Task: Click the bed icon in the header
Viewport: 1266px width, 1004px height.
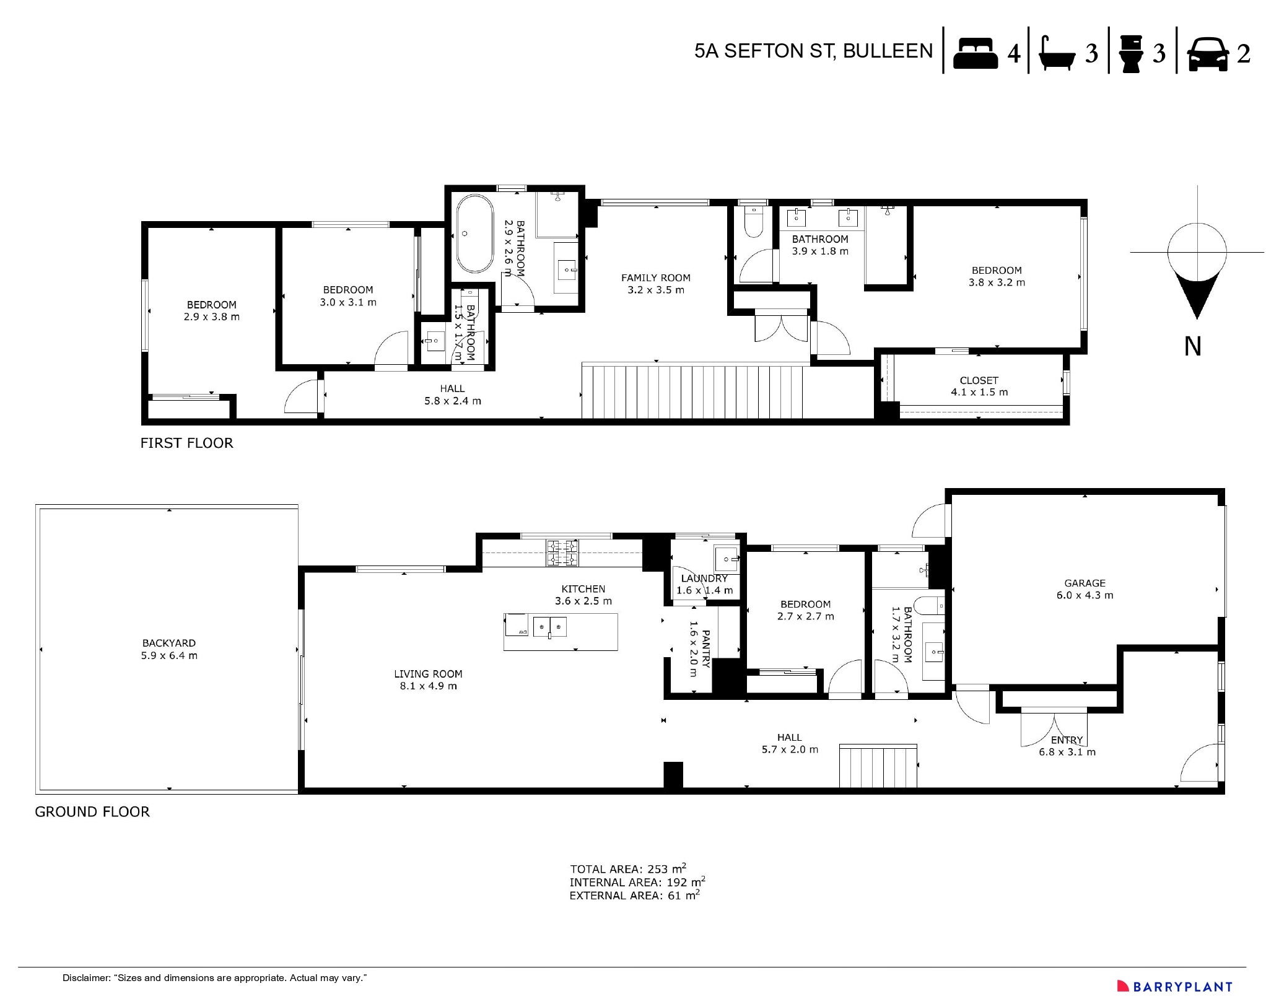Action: point(975,53)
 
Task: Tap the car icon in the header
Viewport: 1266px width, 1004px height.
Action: point(1207,55)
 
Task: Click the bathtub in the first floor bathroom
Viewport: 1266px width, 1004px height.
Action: point(474,234)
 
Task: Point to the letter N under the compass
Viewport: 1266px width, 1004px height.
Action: point(1192,346)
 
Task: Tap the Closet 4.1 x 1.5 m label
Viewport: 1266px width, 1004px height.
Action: point(979,386)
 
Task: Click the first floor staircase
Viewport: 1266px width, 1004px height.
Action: point(692,391)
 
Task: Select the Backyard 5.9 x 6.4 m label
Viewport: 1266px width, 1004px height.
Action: point(168,649)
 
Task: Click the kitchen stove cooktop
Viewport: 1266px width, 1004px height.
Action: point(562,553)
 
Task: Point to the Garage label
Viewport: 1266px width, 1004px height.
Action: point(1084,589)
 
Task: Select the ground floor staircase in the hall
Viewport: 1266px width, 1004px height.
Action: point(878,767)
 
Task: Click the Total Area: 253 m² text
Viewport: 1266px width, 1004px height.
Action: point(627,868)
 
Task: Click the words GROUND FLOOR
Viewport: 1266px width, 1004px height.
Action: point(92,812)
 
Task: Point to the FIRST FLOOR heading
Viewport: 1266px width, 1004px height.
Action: point(186,443)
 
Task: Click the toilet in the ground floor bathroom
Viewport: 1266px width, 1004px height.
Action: point(928,605)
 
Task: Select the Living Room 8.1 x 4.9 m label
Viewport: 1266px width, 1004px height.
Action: point(428,679)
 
